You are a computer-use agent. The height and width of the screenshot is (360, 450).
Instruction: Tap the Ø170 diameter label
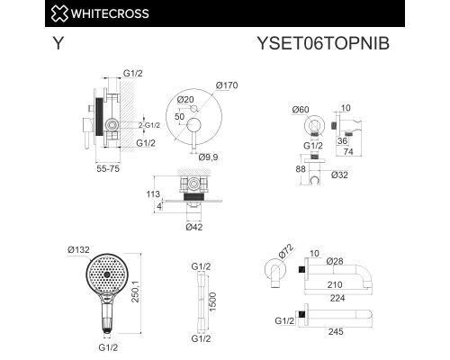(227, 85)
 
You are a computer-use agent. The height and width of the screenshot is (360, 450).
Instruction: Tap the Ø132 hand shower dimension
(77, 248)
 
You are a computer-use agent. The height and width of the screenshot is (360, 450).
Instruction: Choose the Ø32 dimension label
(339, 174)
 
